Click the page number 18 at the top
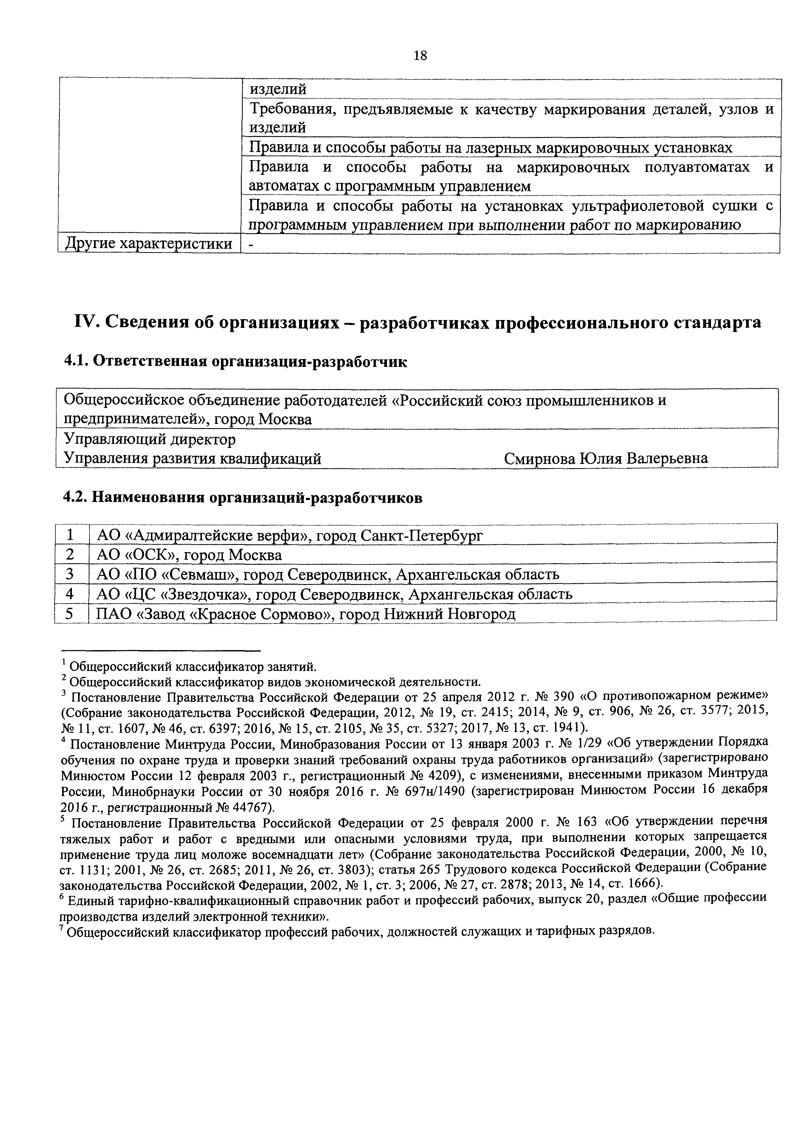tap(420, 55)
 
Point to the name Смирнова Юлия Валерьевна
tap(606, 458)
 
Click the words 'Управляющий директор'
tap(150, 439)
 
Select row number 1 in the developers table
tap(70, 535)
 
